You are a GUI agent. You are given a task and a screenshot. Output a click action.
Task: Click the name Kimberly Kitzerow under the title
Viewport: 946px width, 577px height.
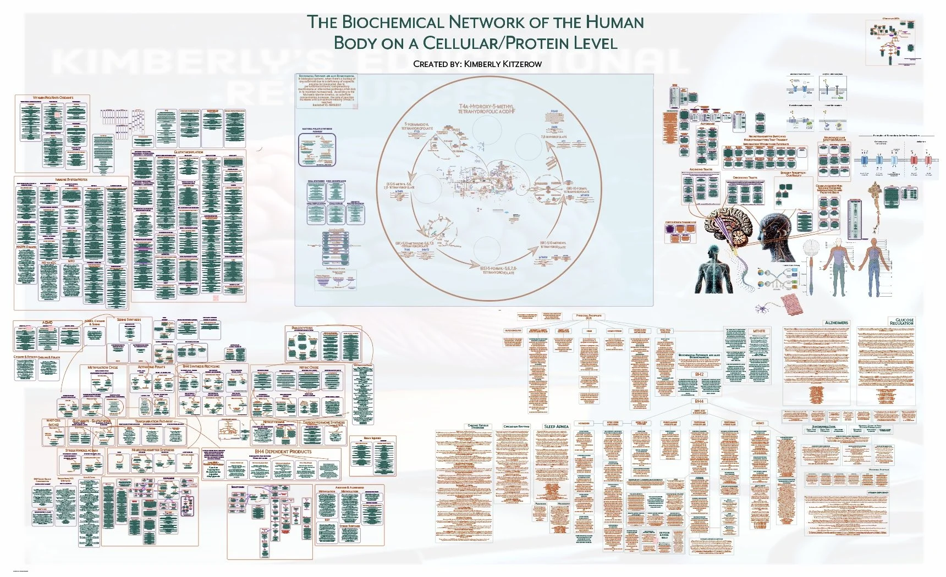(x=503, y=64)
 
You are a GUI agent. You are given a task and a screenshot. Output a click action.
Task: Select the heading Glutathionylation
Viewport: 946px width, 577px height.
(x=188, y=152)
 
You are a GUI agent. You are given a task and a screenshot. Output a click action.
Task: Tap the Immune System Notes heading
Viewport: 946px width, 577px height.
(x=71, y=179)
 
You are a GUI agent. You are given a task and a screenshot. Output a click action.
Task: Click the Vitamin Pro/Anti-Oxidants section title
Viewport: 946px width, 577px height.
(x=53, y=97)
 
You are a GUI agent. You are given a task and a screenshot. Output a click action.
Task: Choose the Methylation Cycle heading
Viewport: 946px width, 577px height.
(x=103, y=367)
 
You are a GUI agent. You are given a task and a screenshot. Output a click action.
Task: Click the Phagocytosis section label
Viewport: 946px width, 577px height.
(x=302, y=328)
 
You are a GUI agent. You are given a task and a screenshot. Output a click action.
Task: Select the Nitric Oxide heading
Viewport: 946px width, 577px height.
(x=309, y=367)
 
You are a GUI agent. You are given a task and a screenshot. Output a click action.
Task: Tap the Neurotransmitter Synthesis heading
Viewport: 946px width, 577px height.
(x=153, y=450)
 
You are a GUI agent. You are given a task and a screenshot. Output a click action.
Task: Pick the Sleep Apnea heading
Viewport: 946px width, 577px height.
(x=556, y=426)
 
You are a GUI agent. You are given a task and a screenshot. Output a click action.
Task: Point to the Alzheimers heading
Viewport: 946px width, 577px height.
(x=836, y=323)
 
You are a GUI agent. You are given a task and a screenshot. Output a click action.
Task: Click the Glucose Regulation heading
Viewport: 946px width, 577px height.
(x=904, y=321)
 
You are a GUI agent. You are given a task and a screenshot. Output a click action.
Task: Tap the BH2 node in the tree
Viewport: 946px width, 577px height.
(x=699, y=374)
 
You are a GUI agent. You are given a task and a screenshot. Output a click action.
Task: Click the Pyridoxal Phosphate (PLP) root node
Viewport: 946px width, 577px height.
(x=588, y=317)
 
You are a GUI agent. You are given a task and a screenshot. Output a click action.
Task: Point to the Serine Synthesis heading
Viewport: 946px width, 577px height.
(x=129, y=319)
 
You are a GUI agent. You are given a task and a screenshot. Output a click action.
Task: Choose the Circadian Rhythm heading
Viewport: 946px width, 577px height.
(x=516, y=426)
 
